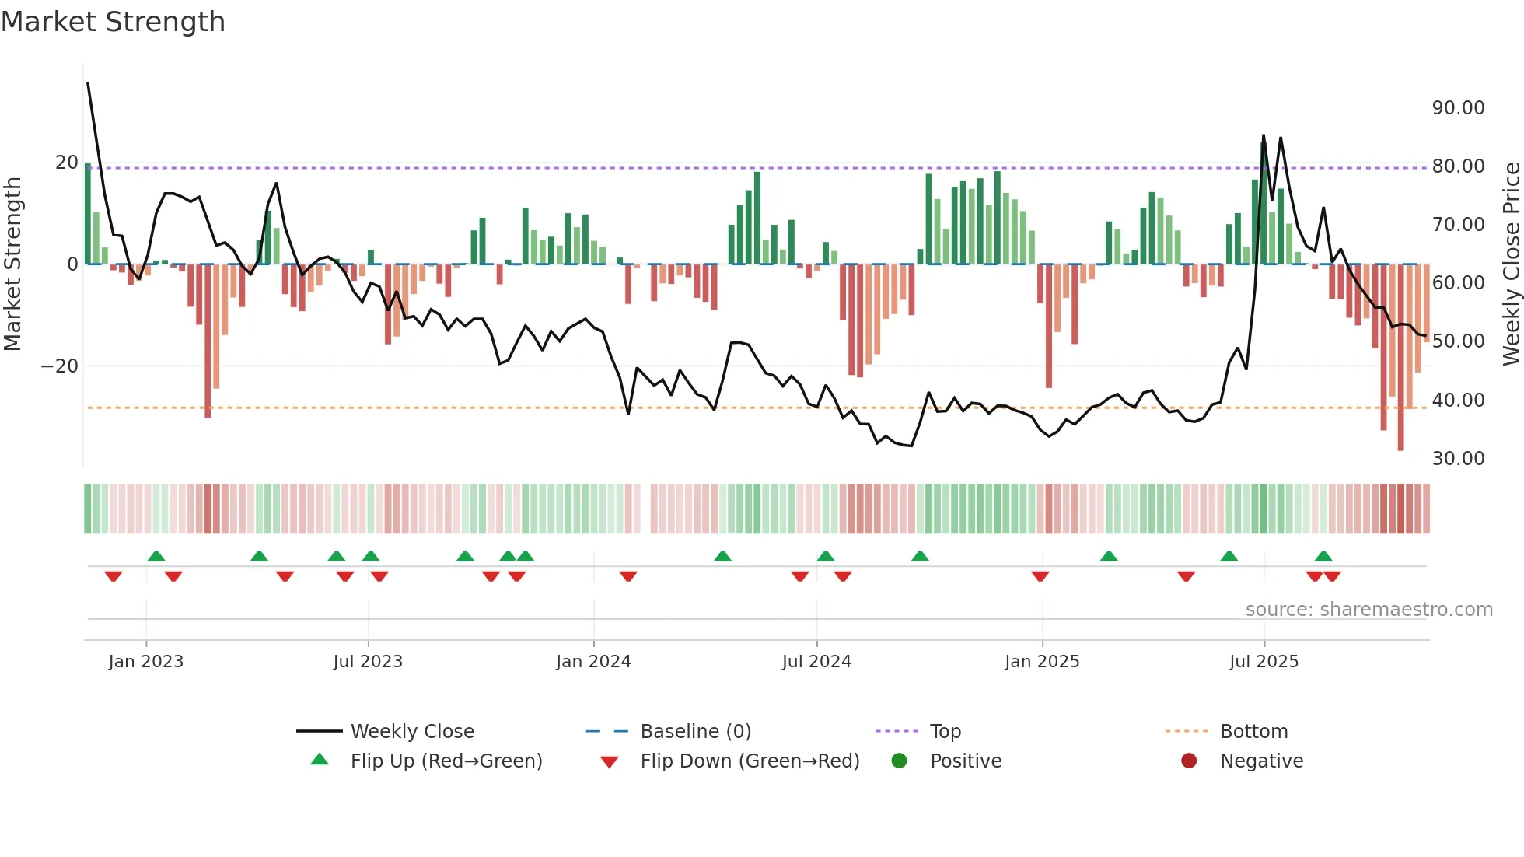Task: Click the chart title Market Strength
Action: [x=113, y=22]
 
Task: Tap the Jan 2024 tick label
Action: [x=593, y=662]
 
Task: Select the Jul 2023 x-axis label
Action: [x=368, y=662]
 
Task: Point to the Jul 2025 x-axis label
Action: [x=1264, y=662]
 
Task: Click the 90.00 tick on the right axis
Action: [x=1458, y=108]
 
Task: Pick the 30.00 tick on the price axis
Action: [x=1458, y=459]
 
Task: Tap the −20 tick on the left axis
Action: [x=60, y=366]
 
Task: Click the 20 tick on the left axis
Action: [x=67, y=163]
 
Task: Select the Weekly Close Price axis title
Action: [x=1511, y=264]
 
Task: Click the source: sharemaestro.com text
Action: [x=1368, y=610]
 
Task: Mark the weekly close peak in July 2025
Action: [x=1263, y=135]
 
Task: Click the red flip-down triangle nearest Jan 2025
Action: [x=1040, y=576]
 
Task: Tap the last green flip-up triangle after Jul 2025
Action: [x=1323, y=556]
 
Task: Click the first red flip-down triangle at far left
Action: [x=114, y=576]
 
